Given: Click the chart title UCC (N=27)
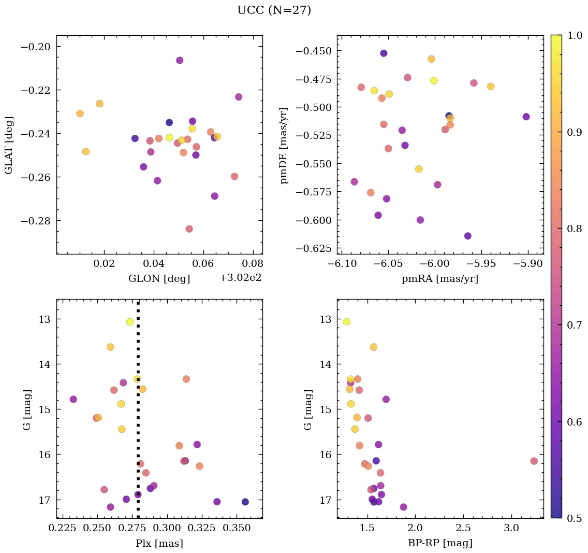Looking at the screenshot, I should [274, 10].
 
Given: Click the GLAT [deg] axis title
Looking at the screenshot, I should [9, 145].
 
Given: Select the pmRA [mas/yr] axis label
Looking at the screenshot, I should [439, 279].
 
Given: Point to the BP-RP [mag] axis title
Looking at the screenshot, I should [439, 543].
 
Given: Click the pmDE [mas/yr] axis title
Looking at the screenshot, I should [284, 145].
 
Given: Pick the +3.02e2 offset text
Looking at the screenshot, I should [240, 278].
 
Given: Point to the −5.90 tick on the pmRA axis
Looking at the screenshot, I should [528, 265].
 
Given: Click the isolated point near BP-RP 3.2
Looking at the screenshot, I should [534, 461].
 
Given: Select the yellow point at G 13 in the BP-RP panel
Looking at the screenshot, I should [346, 322].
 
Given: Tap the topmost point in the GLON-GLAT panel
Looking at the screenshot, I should [180, 60].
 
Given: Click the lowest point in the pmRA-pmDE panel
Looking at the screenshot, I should [468, 236].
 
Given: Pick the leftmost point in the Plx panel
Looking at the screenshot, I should [73, 399].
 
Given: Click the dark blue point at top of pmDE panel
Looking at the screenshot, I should [384, 53].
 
